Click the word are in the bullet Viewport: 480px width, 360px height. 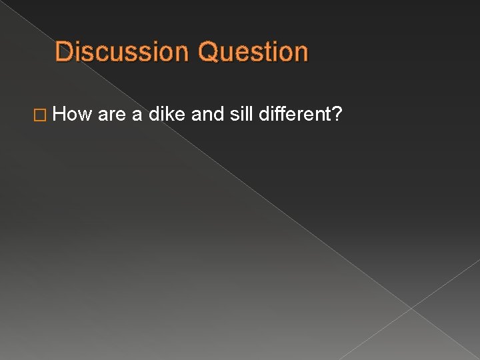[x=111, y=116]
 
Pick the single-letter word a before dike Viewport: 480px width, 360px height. [x=137, y=116]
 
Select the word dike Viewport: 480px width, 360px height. [x=167, y=116]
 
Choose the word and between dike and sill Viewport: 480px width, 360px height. [x=207, y=116]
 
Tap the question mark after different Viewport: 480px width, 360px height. [x=338, y=116]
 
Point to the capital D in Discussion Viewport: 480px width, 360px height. [x=63, y=52]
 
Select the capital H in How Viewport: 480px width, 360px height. [x=59, y=116]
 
